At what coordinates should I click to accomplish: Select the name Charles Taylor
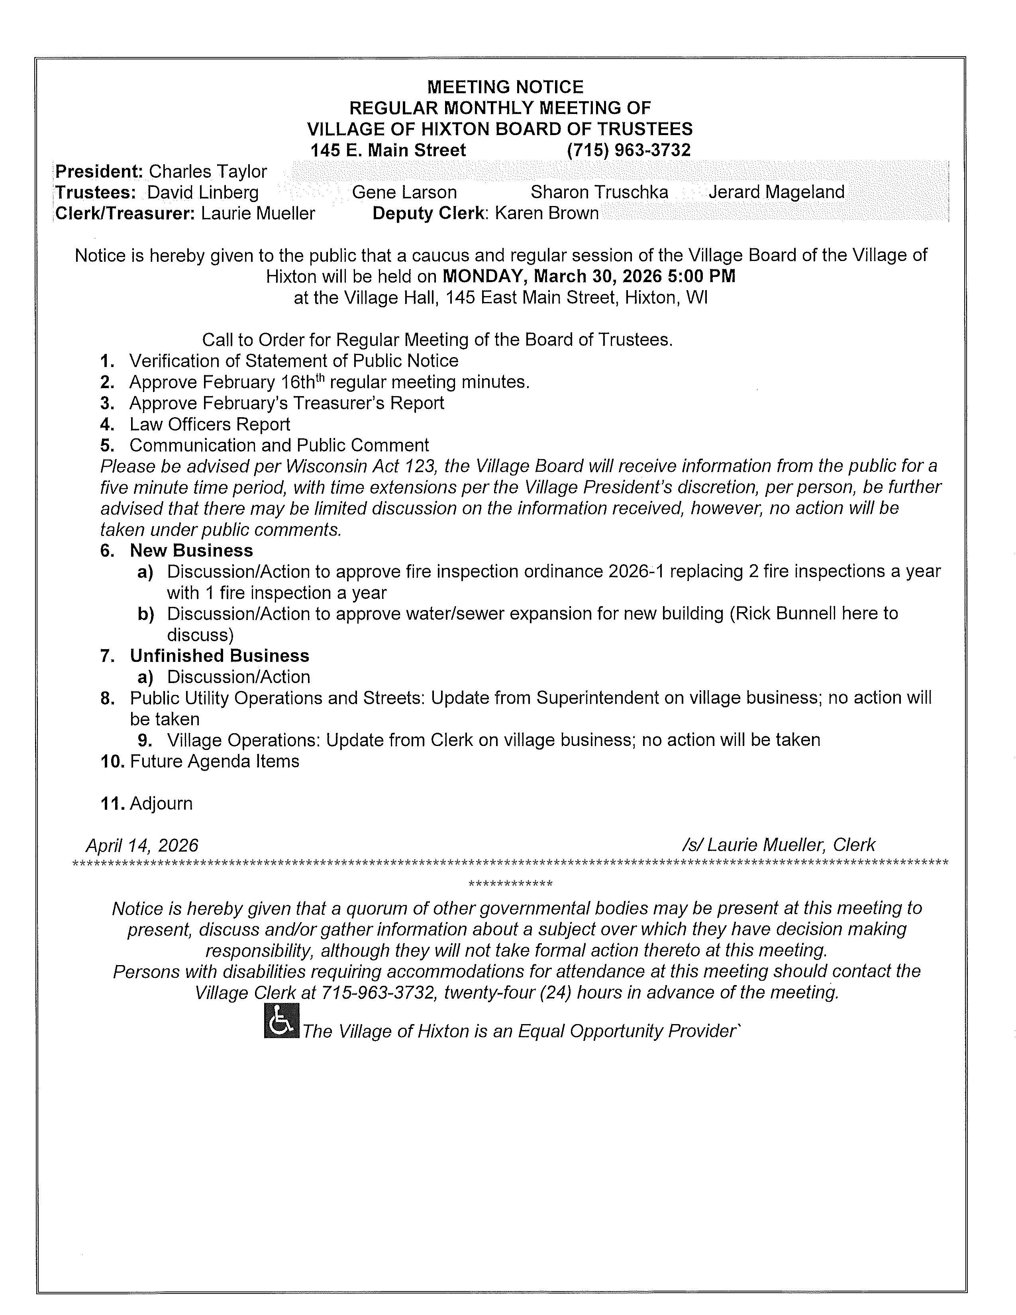point(208,172)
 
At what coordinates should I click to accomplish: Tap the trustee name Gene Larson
point(404,193)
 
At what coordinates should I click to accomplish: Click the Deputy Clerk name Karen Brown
point(547,214)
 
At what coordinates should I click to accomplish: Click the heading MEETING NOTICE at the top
point(505,87)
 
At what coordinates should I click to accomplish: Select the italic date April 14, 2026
point(142,845)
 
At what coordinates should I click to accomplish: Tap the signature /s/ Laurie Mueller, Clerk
point(778,845)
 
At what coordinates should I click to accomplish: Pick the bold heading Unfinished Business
point(220,656)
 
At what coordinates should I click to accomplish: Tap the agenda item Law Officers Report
point(210,424)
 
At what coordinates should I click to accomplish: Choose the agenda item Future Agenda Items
point(214,761)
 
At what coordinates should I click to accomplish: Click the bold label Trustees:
point(96,193)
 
